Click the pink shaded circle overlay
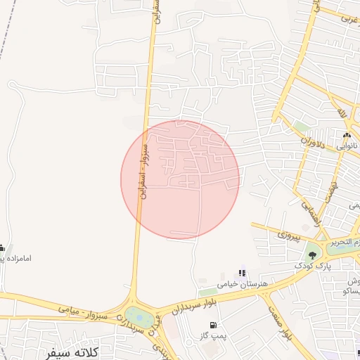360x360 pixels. coord(180,179)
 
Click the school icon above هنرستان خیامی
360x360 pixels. coord(242,273)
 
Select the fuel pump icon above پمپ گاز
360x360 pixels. coord(213,325)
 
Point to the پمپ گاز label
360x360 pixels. coord(213,336)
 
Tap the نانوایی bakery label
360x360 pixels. coord(346,146)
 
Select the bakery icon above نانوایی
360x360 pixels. coord(346,136)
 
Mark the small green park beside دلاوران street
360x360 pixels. coord(302,127)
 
